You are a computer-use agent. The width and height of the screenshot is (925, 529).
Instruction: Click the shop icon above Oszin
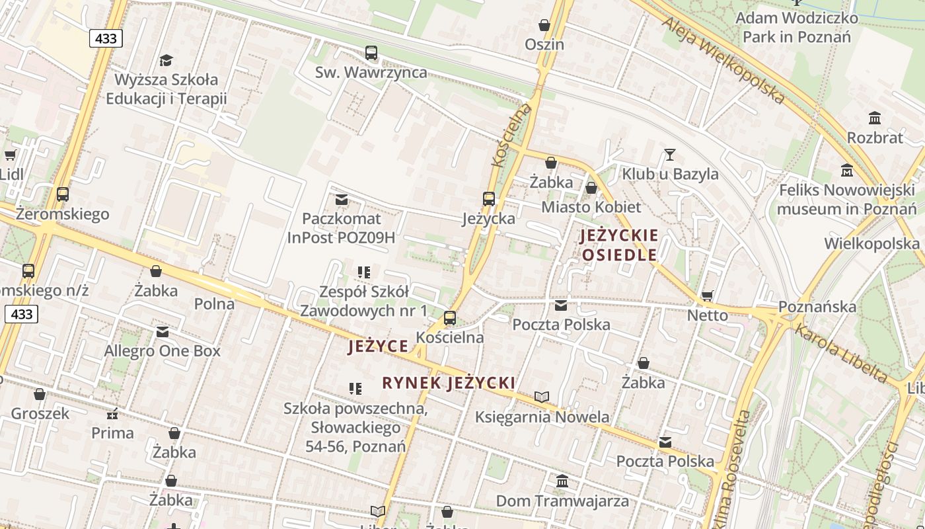544,26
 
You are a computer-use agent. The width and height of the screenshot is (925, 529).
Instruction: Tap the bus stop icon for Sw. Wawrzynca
371,53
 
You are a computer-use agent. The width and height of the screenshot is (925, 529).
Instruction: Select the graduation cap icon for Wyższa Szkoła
166,60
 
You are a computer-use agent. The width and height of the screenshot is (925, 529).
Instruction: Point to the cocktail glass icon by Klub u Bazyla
670,155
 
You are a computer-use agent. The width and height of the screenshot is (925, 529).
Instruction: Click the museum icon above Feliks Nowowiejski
847,171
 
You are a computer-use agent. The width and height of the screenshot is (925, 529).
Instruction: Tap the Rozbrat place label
875,138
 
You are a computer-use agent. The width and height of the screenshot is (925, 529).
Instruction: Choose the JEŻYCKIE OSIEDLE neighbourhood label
619,245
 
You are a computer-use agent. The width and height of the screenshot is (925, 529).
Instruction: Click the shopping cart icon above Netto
708,296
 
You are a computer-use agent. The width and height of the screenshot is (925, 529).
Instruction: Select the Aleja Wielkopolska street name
723,60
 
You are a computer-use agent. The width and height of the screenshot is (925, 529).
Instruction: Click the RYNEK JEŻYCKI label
449,383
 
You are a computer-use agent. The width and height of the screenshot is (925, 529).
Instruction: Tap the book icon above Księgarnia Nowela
542,397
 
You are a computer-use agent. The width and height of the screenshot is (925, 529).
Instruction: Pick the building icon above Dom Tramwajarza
562,481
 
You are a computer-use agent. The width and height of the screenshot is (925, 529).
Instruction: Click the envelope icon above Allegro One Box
163,331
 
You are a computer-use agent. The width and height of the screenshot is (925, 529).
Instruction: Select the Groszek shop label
40,414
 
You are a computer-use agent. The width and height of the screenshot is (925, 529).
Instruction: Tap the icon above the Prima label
112,414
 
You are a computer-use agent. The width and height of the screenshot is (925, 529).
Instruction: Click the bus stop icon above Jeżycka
489,199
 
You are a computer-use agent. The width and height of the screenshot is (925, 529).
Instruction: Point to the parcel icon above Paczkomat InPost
342,199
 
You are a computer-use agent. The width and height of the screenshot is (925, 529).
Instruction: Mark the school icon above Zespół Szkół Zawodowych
363,272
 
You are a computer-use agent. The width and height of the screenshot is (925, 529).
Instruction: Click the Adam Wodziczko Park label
797,27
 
